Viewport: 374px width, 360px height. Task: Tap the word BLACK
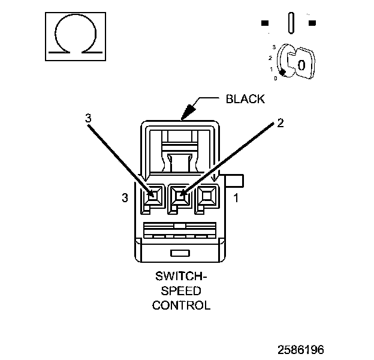tap(245, 99)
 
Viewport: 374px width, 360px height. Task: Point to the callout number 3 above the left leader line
tap(88, 118)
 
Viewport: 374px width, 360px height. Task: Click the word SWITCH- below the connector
tap(181, 278)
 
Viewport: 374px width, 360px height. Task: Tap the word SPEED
tap(181, 291)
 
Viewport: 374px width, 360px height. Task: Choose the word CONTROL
tap(181, 305)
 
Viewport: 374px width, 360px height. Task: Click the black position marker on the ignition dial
tap(282, 73)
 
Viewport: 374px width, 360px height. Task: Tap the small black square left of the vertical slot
tap(264, 23)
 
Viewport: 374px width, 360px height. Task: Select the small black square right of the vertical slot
tap(312, 23)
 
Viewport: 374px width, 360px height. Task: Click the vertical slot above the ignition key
tap(291, 23)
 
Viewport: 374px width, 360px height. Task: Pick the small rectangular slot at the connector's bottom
tap(179, 253)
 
